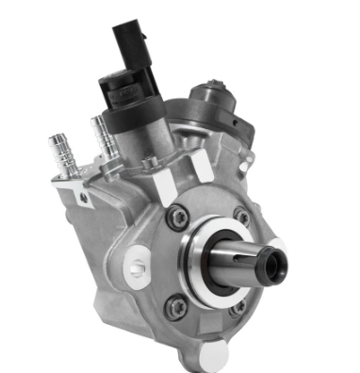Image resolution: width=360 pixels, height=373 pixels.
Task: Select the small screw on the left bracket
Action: (86, 197)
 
